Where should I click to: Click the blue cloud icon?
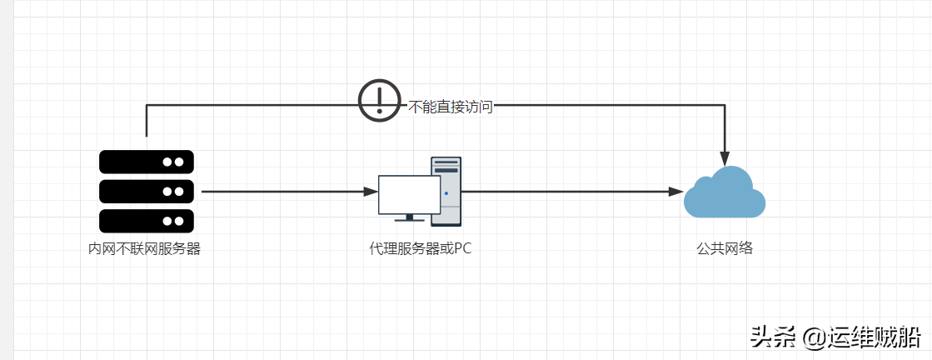tap(725, 192)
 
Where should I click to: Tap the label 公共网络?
tap(725, 248)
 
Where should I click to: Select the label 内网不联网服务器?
tap(144, 248)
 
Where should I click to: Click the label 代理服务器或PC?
tap(421, 248)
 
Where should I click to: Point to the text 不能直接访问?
tap(451, 107)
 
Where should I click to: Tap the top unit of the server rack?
tap(147, 162)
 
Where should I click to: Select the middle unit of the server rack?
tap(147, 192)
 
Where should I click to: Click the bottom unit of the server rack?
tap(147, 221)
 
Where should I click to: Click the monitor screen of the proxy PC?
tap(410, 194)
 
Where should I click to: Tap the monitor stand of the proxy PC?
tap(410, 217)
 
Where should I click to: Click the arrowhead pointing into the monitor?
tap(371, 192)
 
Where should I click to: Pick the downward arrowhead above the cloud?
tap(725, 159)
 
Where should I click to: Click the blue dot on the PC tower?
tap(446, 192)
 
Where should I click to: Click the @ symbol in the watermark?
tap(813, 338)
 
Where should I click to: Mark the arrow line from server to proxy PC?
tap(290, 192)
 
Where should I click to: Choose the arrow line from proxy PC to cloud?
tap(573, 192)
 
